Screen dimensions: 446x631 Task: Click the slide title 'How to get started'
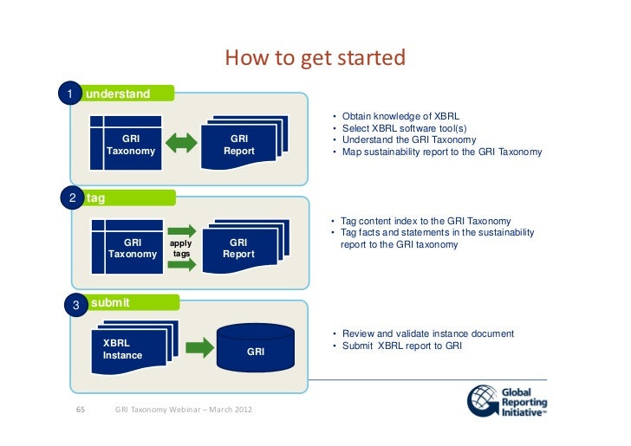(x=315, y=59)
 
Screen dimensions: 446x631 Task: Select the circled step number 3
(x=76, y=304)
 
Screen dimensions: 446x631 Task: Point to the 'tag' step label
(x=96, y=198)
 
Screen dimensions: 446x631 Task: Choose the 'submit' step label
(x=111, y=303)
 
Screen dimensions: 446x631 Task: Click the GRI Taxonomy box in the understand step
(x=130, y=145)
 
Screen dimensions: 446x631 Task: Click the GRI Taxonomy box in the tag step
(x=133, y=249)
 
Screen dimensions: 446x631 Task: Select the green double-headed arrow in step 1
(x=182, y=144)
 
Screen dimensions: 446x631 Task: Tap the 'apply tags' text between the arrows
(x=181, y=249)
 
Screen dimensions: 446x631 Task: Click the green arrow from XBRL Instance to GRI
(x=199, y=348)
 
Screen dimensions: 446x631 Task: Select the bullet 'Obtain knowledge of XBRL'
(x=400, y=115)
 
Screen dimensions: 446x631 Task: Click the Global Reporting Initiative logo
(x=508, y=401)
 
